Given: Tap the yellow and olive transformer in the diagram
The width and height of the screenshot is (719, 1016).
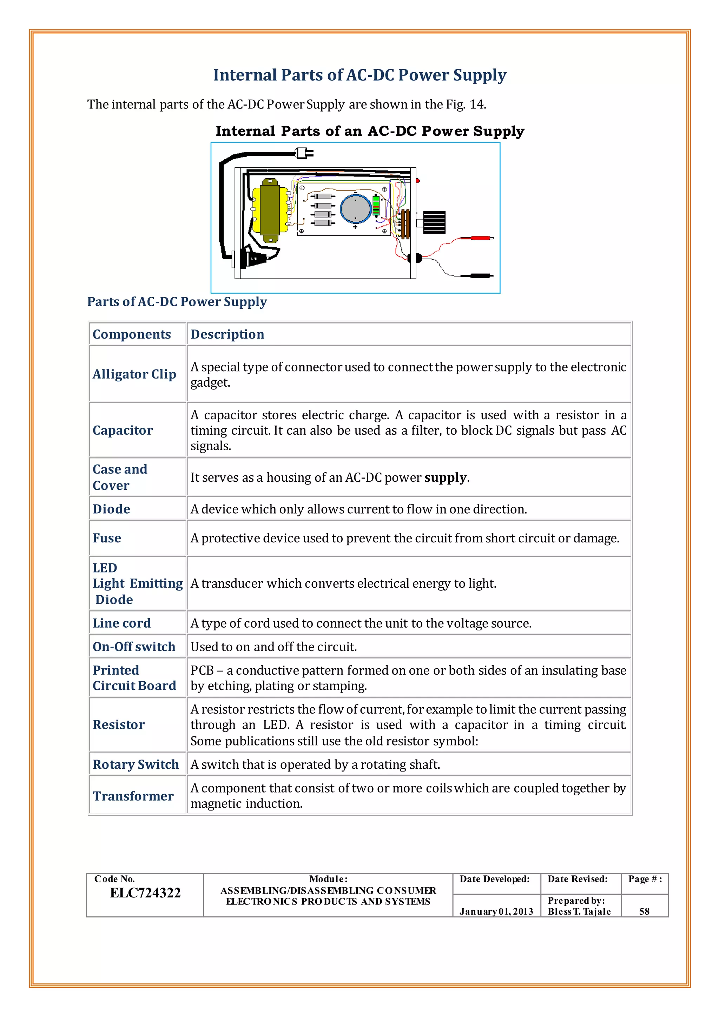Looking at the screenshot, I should [270, 210].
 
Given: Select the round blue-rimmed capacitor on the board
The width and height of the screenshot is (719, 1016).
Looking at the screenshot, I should [356, 208].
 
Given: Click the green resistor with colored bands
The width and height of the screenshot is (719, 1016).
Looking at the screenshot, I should [376, 205].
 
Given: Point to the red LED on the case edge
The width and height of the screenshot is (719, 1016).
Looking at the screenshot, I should [417, 181].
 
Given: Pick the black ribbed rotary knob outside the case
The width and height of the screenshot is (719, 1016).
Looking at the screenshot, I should [434, 222].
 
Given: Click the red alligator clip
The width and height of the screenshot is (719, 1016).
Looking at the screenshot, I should [476, 238].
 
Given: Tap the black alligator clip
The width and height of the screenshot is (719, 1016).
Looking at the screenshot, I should [476, 276].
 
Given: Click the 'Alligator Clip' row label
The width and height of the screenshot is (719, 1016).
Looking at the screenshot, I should [134, 374].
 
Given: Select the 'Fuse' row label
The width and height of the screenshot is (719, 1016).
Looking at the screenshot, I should [107, 538].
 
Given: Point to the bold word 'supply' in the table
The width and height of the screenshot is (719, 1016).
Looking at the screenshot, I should [445, 477].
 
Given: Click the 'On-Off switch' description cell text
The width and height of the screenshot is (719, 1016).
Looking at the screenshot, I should [273, 647].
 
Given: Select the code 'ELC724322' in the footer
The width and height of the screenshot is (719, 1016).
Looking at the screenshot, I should [145, 893].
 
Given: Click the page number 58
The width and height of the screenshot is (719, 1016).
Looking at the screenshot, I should [644, 911].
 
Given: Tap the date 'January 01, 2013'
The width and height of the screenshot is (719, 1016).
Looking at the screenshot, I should [496, 911].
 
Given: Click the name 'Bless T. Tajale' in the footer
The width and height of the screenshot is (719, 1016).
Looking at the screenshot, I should [579, 911].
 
